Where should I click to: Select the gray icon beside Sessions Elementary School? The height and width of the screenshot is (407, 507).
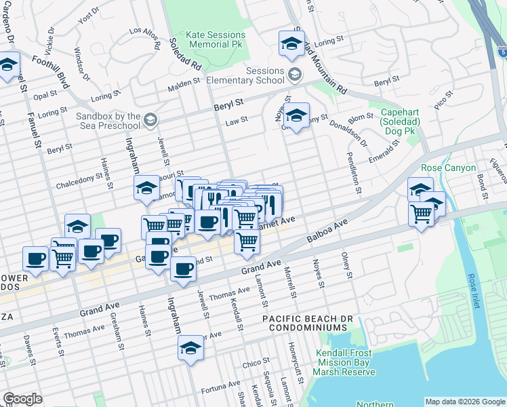click(294, 73)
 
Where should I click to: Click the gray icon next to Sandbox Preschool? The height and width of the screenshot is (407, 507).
click(150, 120)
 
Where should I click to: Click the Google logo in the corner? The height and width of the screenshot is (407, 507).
click(22, 399)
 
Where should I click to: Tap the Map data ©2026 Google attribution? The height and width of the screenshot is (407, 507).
click(464, 402)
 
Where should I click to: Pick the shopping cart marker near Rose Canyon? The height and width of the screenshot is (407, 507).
click(422, 214)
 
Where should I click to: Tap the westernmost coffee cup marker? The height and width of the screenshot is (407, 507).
click(35, 258)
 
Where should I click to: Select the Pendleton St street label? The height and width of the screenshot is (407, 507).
click(353, 167)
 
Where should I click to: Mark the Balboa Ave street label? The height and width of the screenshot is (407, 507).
click(327, 231)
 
